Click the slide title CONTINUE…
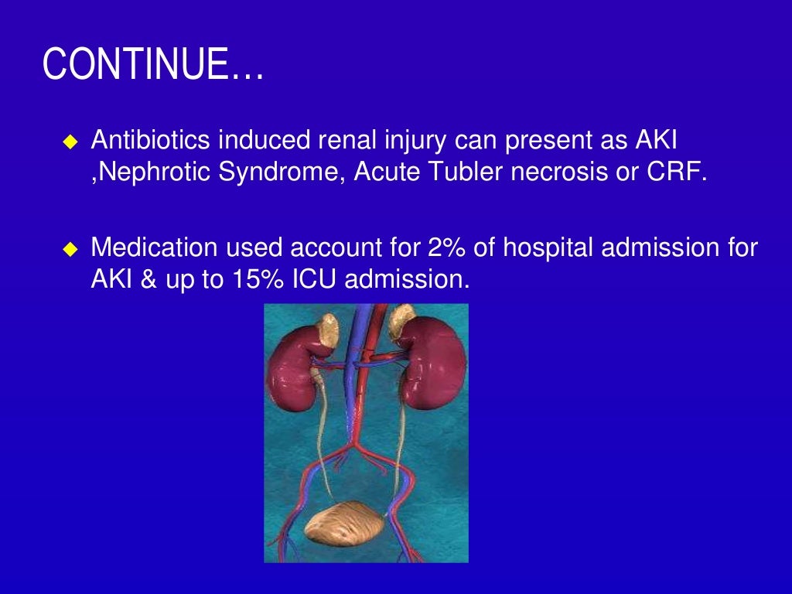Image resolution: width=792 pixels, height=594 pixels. tap(153, 64)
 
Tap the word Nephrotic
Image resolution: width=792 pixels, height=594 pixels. tap(147, 171)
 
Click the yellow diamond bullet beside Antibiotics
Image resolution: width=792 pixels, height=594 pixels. tap(70, 142)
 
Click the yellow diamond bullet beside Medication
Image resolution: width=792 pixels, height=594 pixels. tap(70, 249)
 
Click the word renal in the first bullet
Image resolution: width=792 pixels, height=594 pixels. tap(344, 141)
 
